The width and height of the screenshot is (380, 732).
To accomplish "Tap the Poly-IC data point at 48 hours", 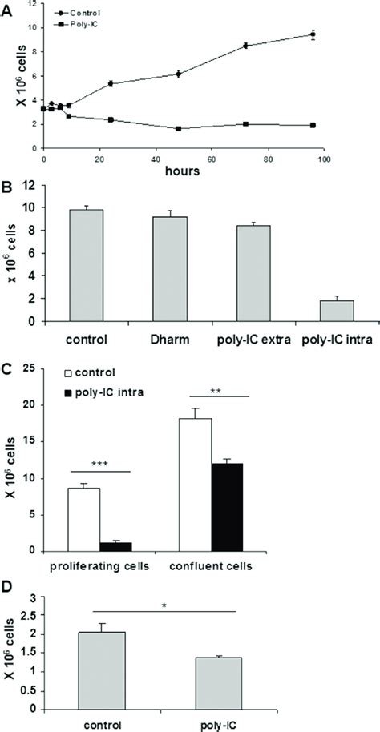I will [178, 128].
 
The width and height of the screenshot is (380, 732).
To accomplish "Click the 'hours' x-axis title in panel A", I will [189, 170].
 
